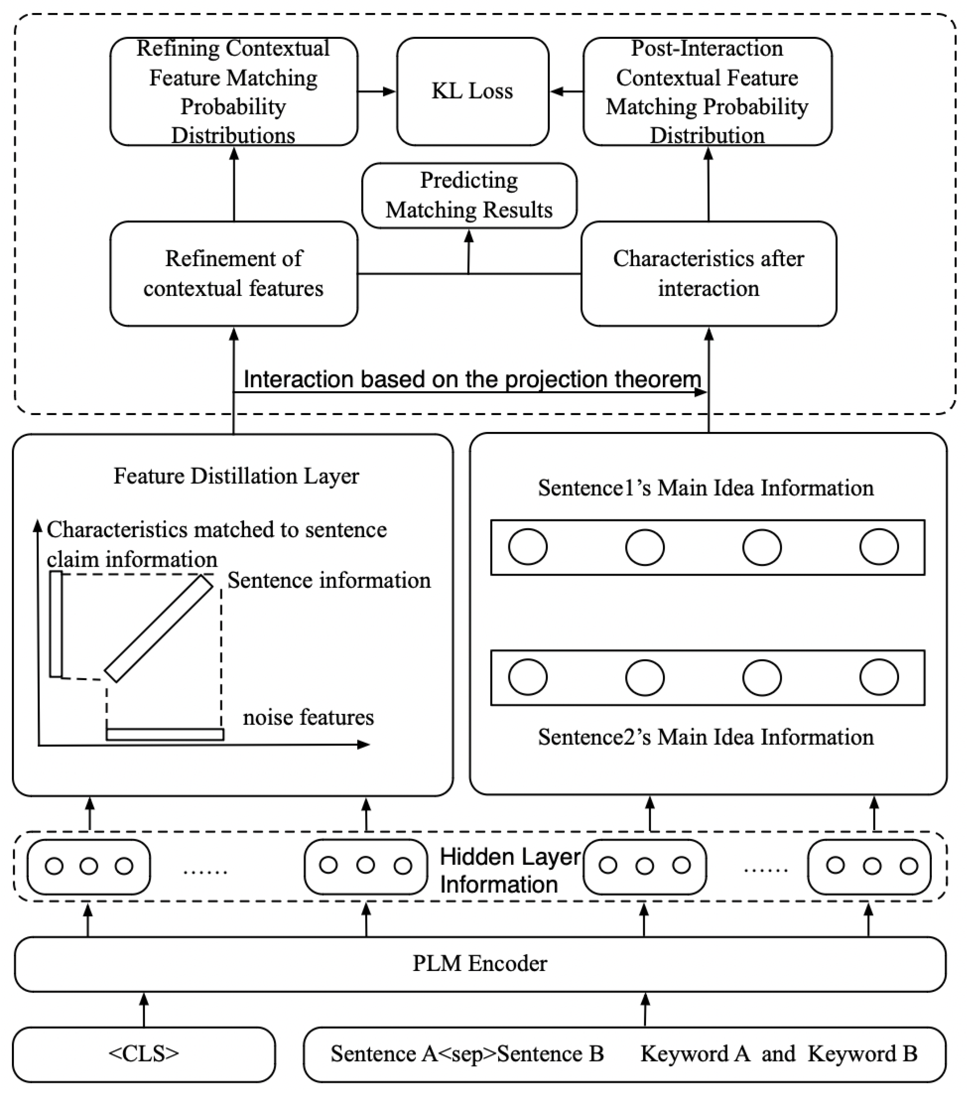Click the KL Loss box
click(x=472, y=91)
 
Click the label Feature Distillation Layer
click(x=236, y=476)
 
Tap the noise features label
click(x=308, y=717)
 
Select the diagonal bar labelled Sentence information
click(x=159, y=628)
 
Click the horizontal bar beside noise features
click(x=165, y=734)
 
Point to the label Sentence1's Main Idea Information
click(x=705, y=488)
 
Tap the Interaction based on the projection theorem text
click(x=472, y=379)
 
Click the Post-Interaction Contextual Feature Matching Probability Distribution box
click(x=707, y=91)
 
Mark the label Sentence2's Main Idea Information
click(x=705, y=737)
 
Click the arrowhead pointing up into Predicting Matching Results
click(x=469, y=236)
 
